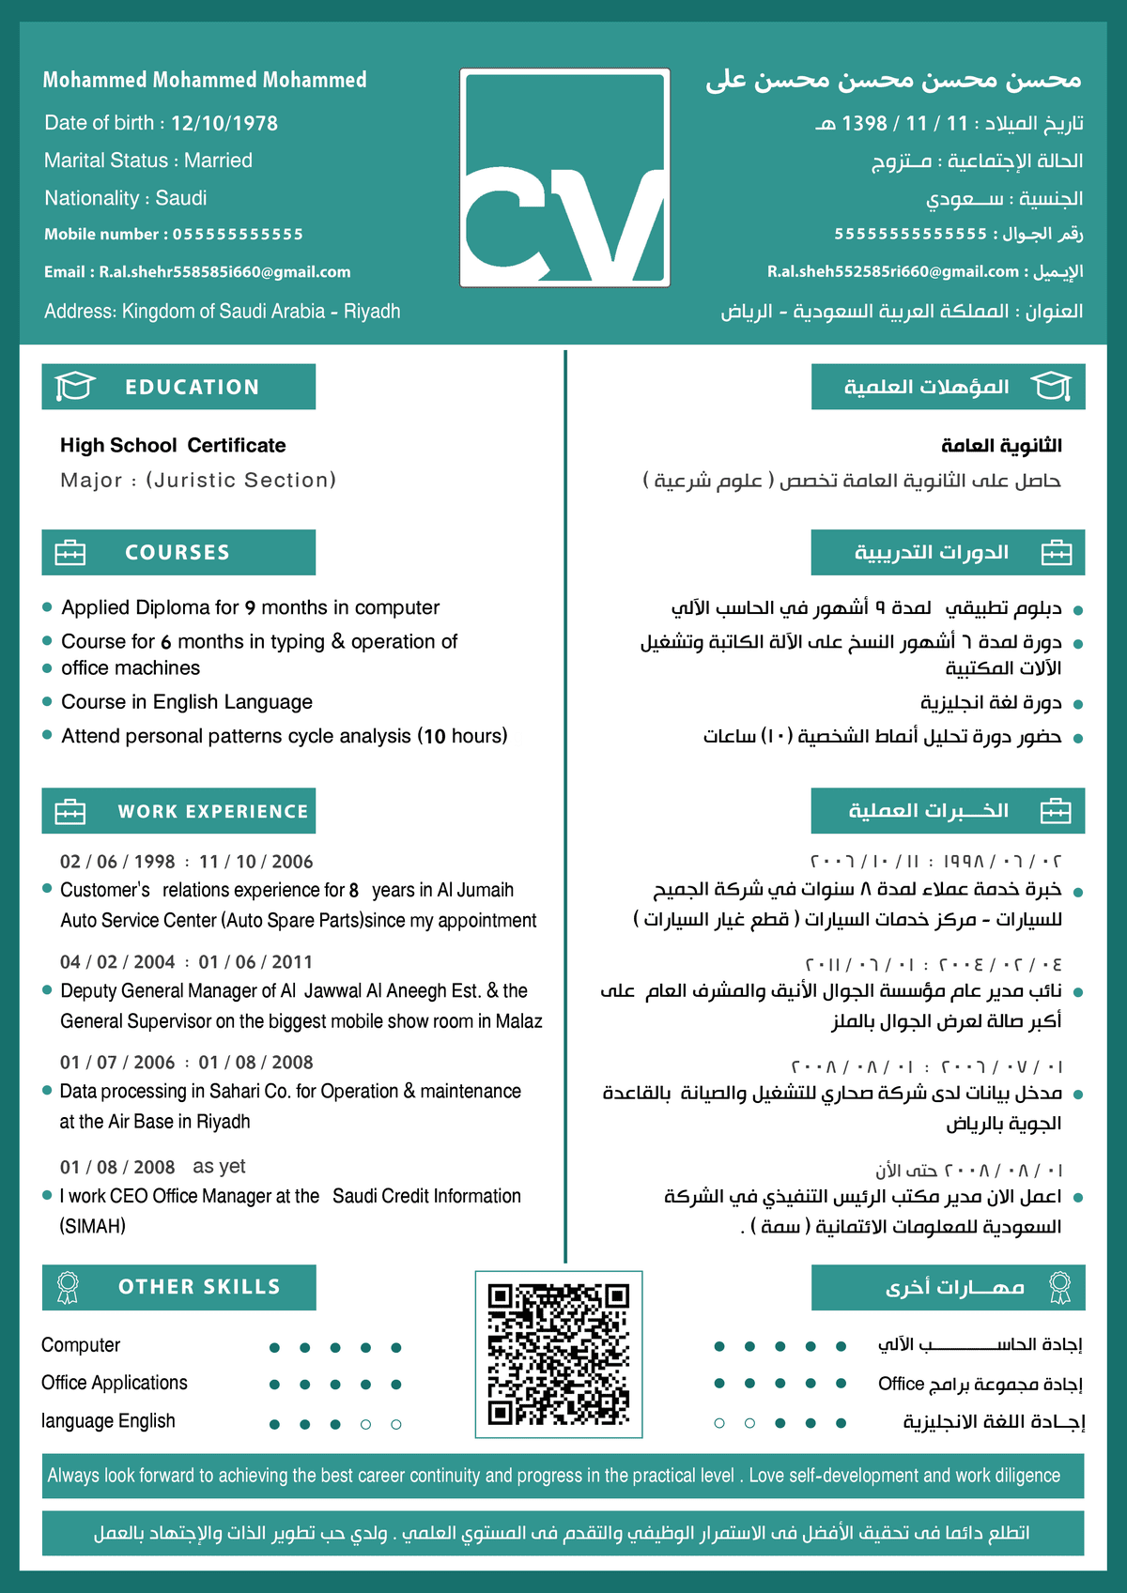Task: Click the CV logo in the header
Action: tap(564, 177)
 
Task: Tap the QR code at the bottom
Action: tap(559, 1354)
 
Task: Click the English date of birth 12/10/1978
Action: tap(224, 123)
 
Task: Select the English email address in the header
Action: tap(224, 272)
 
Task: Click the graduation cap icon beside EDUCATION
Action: tap(75, 386)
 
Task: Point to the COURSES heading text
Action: tap(178, 553)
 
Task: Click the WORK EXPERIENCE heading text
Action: tap(213, 812)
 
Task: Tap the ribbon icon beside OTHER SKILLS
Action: tap(68, 1287)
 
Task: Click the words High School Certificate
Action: tap(173, 446)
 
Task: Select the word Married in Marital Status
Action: tap(218, 161)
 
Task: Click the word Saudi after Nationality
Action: tap(181, 198)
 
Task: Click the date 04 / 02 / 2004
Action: tap(117, 962)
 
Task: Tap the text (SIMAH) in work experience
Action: tap(93, 1226)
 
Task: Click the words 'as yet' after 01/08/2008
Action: tap(219, 1167)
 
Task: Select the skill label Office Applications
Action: tap(115, 1383)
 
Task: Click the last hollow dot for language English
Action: tap(396, 1424)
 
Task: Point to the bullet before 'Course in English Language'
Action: tap(47, 701)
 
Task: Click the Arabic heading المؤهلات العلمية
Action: tap(926, 387)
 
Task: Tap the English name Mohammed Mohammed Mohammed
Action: tap(205, 80)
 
